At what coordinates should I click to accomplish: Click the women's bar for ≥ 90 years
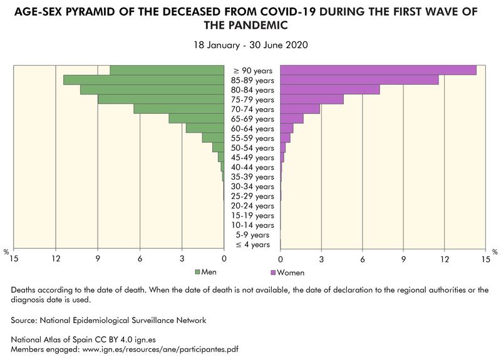tap(378, 70)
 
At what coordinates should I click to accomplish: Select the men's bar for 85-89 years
tap(143, 80)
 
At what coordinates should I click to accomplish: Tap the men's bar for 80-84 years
tap(152, 90)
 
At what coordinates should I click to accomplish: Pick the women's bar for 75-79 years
tap(311, 100)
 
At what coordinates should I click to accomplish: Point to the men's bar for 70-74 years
tap(178, 109)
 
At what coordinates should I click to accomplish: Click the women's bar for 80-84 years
tap(329, 90)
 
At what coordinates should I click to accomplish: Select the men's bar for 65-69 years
tap(196, 119)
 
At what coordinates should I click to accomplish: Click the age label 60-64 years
tap(252, 128)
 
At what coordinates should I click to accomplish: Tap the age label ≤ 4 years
tap(252, 245)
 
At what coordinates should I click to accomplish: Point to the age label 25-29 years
tap(252, 197)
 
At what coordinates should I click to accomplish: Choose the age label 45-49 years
tap(252, 158)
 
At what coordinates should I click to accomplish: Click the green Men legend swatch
tap(198, 272)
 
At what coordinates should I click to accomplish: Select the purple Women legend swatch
tap(272, 273)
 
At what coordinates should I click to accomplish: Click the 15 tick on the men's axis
tap(14, 259)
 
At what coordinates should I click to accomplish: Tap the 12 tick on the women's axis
tap(445, 259)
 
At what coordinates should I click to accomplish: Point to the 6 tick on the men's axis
tap(140, 259)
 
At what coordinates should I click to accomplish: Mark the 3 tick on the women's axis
tap(321, 259)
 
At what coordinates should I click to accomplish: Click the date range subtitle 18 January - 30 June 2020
tap(250, 45)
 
